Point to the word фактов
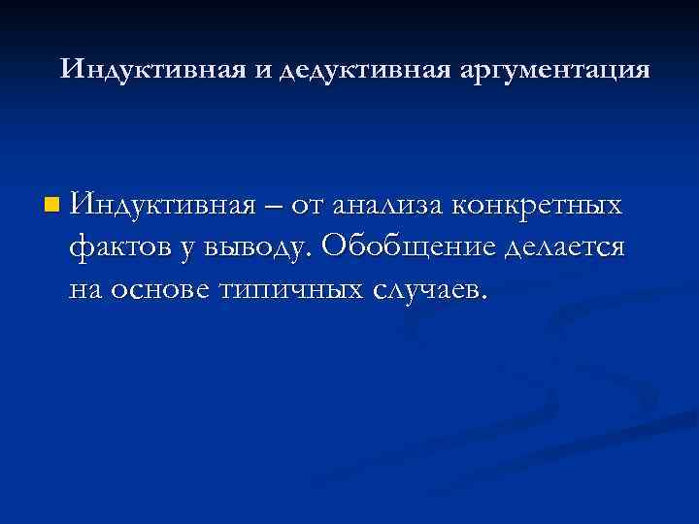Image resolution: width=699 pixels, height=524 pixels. tap(117, 247)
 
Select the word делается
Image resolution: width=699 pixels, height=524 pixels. tap(565, 248)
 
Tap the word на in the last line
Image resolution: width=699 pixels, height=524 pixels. tap(86, 290)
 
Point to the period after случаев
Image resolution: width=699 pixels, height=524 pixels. tap(481, 298)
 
